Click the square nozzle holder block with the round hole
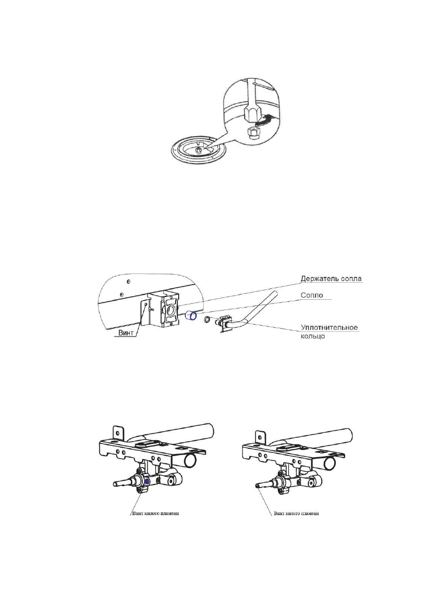[163, 309]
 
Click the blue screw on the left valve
[147, 481]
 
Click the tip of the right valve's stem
[256, 486]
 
